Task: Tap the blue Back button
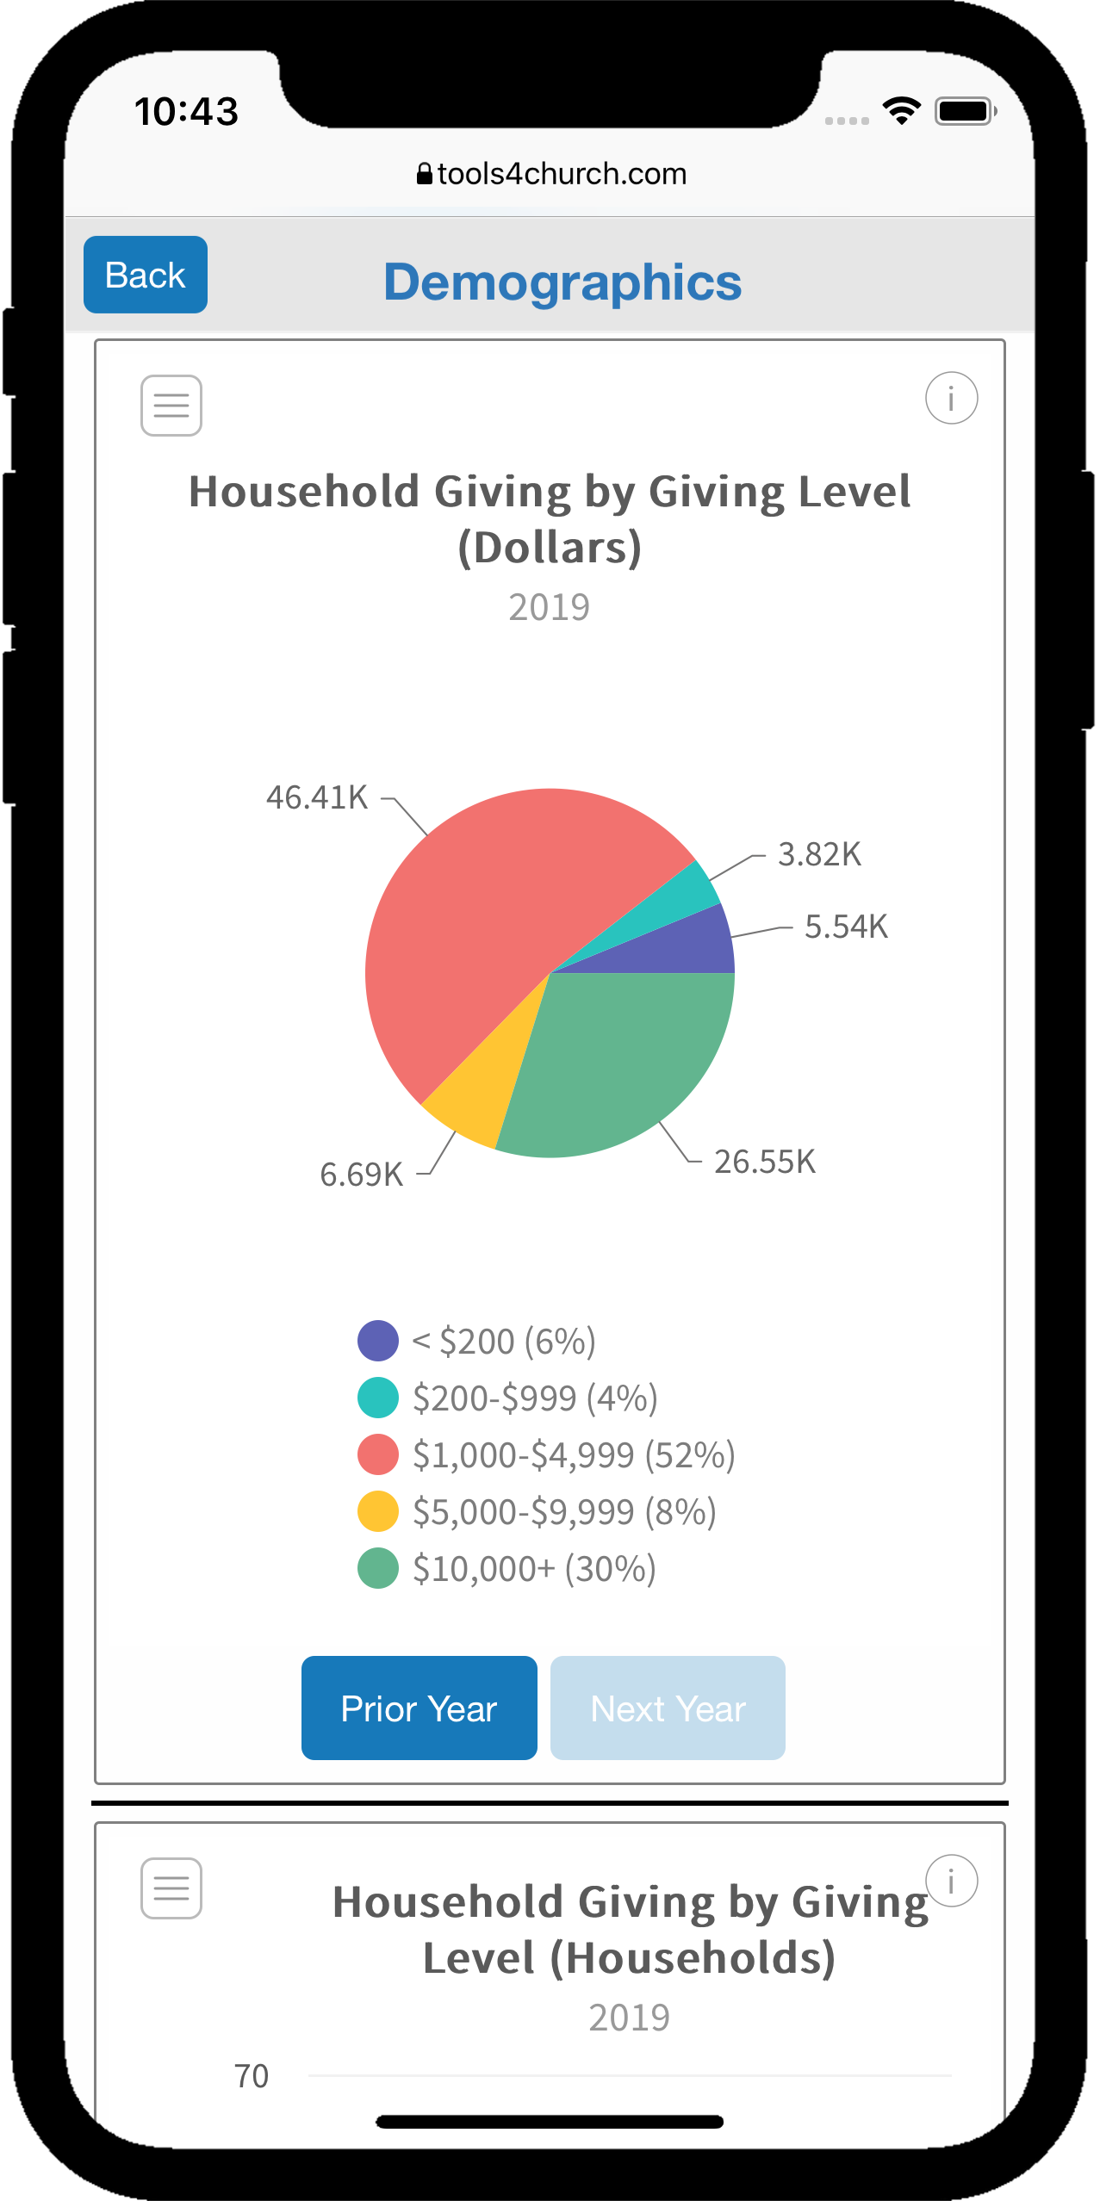[146, 275]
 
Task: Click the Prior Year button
[419, 1708]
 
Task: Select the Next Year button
[668, 1708]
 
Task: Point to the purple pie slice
[689, 947]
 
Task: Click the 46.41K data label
[317, 798]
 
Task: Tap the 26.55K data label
[765, 1162]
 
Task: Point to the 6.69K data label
[362, 1175]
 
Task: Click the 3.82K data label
[819, 855]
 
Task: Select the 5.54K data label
[846, 927]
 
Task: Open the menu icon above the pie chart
[171, 406]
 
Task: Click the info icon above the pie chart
[951, 399]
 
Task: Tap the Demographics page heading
[562, 282]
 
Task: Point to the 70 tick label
[252, 2076]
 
